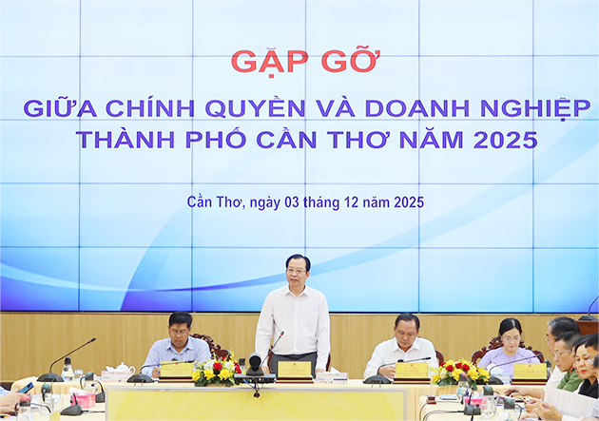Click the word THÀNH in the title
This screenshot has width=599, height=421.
coord(123,140)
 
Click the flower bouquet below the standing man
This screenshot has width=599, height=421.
coord(217,372)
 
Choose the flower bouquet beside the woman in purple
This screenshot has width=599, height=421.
coord(458,372)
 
